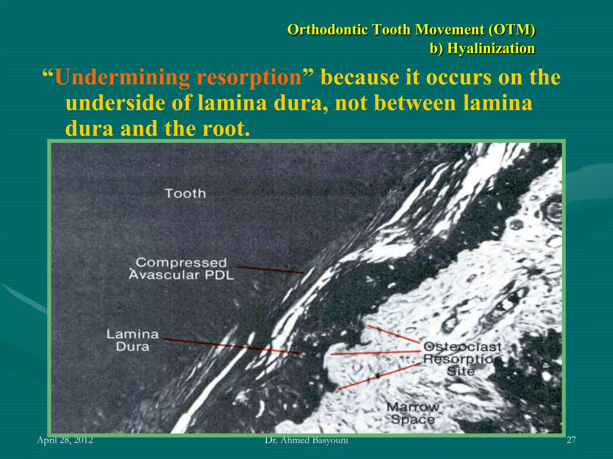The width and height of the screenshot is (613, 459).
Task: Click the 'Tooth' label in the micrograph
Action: (x=185, y=193)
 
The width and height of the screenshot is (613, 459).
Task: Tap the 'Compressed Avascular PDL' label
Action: (x=181, y=269)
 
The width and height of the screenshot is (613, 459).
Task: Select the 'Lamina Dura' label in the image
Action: (x=133, y=340)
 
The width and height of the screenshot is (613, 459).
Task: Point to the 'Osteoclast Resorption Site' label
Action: (x=462, y=359)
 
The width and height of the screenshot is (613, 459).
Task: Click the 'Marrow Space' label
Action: (x=413, y=413)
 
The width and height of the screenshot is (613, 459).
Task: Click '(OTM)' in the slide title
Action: (x=512, y=30)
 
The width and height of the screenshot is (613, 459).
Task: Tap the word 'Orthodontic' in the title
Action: (x=327, y=30)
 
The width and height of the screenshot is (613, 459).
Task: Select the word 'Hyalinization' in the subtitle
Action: (x=491, y=48)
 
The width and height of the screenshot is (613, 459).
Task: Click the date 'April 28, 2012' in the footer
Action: (x=65, y=440)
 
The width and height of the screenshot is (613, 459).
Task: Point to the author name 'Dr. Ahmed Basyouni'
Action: (x=306, y=440)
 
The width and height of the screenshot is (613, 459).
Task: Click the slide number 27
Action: (x=571, y=440)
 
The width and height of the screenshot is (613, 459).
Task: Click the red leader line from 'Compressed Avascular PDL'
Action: (x=269, y=269)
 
